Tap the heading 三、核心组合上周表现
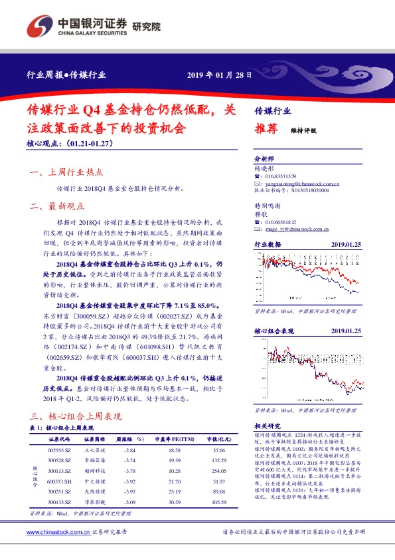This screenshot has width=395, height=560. [x=76, y=416]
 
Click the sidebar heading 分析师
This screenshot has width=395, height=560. [x=264, y=159]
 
